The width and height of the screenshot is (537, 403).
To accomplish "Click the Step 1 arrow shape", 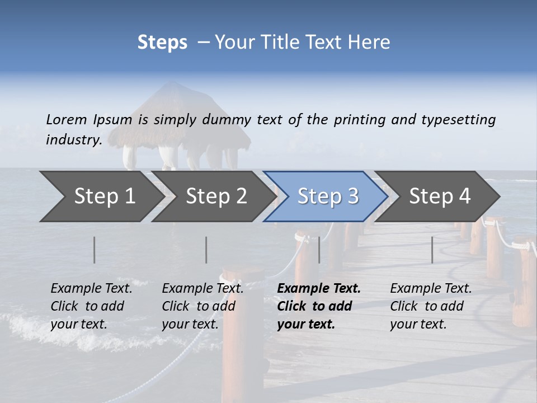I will point(101,196).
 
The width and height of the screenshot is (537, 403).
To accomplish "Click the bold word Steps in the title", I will point(162,43).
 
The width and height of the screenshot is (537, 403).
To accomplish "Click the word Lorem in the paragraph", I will point(67,120).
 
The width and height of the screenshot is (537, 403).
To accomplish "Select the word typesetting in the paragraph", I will point(458,120).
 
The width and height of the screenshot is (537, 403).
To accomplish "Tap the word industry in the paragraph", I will point(74,140).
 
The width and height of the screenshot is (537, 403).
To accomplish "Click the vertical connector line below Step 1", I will point(95,250).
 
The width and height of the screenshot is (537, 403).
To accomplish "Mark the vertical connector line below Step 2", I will point(206,250).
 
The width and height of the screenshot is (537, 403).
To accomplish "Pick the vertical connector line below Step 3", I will point(319,250).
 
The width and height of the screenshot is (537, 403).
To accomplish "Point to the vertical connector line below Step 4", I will point(432,250).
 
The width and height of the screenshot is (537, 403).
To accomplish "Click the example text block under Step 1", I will point(91,306).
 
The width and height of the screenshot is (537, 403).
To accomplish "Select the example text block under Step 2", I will point(202,306).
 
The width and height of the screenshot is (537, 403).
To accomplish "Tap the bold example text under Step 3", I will point(319,306).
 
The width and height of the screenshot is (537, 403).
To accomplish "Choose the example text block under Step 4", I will point(431,306).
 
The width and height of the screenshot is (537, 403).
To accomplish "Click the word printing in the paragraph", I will point(359,120).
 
